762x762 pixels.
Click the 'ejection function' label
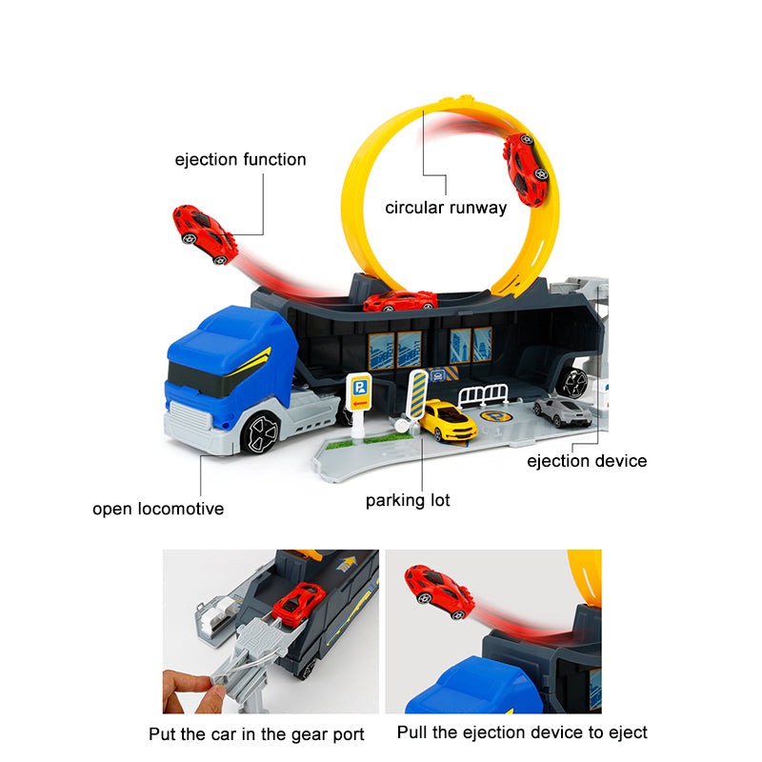[x=240, y=159]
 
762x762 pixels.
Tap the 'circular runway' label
[x=446, y=207]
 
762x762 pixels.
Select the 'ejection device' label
[x=587, y=461]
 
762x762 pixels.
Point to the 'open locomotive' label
[x=158, y=509]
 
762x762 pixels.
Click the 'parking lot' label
[x=408, y=500]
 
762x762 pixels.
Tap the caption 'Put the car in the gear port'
[x=256, y=733]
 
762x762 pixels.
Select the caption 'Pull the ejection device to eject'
[x=522, y=732]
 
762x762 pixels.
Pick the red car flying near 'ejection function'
[x=204, y=232]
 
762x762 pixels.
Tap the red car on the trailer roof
[x=400, y=302]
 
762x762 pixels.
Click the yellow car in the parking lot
[x=448, y=420]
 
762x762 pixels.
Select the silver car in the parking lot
[x=562, y=411]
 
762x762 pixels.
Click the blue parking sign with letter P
[x=359, y=387]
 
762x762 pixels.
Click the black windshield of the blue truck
[x=202, y=376]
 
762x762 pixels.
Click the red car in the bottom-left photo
[x=299, y=602]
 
